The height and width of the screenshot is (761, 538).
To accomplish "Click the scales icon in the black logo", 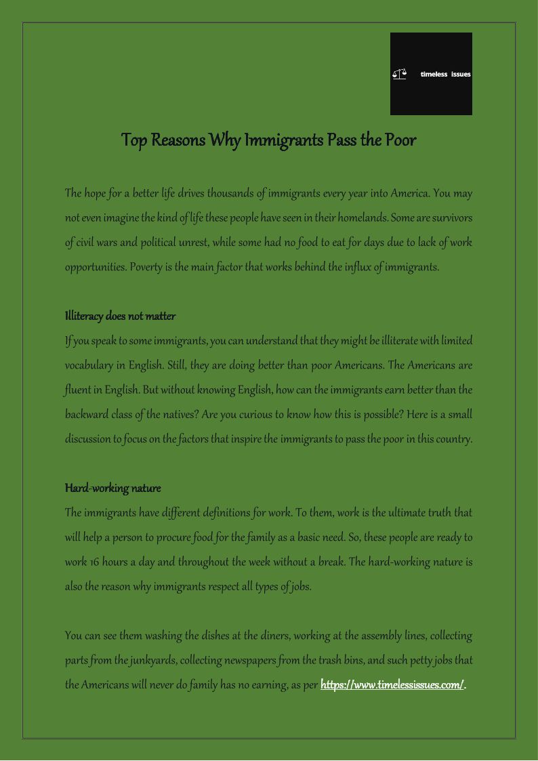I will click(x=399, y=74).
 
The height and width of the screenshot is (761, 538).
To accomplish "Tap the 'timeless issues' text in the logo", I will click(x=445, y=74).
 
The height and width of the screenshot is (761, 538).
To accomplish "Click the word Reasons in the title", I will click(x=178, y=140).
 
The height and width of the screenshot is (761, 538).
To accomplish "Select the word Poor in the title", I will click(x=400, y=140).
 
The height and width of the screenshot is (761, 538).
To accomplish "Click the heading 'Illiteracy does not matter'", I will click(x=120, y=316).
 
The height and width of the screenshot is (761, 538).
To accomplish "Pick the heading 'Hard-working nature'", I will click(x=112, y=488).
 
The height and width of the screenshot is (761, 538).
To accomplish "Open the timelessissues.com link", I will click(x=392, y=684).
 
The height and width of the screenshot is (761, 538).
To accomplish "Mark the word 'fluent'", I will click(x=77, y=390).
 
